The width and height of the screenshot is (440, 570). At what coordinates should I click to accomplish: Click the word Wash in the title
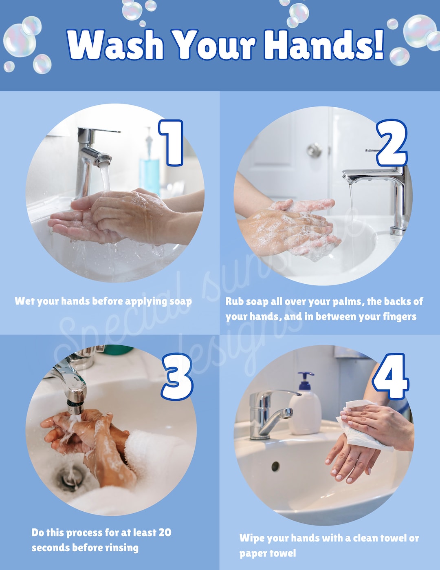(x=115, y=44)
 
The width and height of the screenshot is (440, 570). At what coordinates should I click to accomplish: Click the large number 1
(x=172, y=143)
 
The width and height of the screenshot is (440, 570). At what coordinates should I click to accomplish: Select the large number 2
(x=392, y=144)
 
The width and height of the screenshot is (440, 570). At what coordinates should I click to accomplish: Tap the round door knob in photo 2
(x=314, y=150)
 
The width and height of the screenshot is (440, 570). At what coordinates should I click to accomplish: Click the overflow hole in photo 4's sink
(x=275, y=466)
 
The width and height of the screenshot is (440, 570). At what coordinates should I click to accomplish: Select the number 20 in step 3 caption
(x=165, y=532)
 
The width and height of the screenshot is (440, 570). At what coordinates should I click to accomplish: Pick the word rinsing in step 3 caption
(x=122, y=548)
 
